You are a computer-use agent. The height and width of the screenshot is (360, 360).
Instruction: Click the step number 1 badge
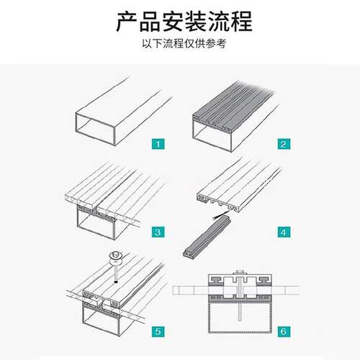pyautogui.click(x=157, y=144)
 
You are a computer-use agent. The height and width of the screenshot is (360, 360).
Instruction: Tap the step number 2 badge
pyautogui.click(x=284, y=144)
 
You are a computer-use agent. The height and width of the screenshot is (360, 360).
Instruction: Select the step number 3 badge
pyautogui.click(x=157, y=233)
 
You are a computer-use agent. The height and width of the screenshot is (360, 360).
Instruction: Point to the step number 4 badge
pyautogui.click(x=284, y=233)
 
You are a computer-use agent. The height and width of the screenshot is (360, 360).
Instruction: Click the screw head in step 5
pyautogui.click(x=114, y=255)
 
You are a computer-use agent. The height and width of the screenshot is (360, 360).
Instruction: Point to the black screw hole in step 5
pyautogui.click(x=114, y=285)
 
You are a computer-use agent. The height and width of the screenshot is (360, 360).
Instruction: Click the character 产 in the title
pyautogui.click(x=127, y=22)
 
